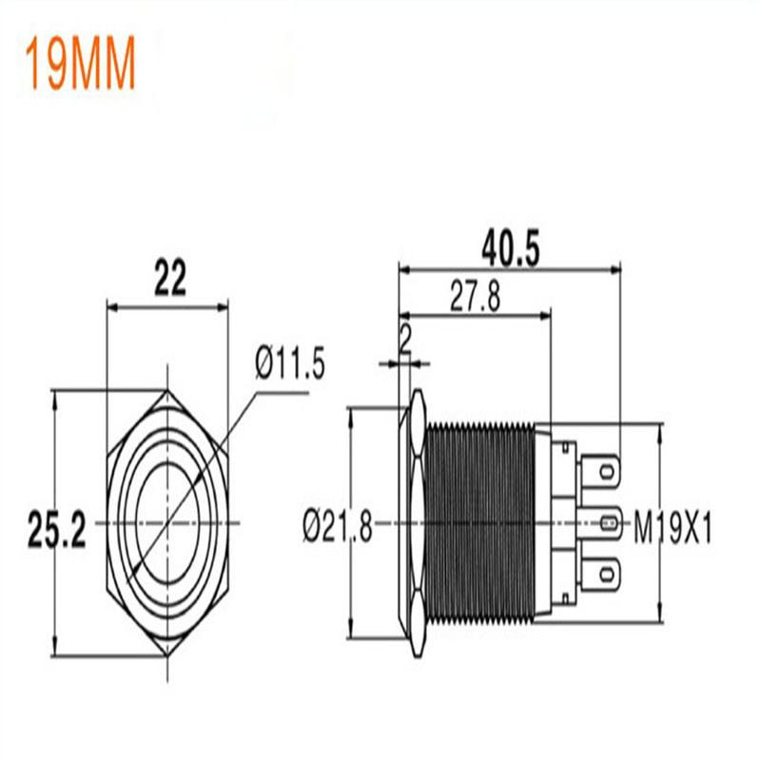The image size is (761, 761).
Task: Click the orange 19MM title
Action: (x=81, y=65)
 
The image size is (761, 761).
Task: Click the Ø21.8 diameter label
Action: (x=338, y=523)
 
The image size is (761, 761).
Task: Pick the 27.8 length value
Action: (x=475, y=299)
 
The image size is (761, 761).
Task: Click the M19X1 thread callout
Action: (x=673, y=525)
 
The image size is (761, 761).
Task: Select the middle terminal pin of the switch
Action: (x=607, y=521)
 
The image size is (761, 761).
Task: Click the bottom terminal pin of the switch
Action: (x=607, y=575)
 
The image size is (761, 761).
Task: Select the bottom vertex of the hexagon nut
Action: (x=168, y=655)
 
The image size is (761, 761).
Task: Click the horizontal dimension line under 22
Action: (x=168, y=306)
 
